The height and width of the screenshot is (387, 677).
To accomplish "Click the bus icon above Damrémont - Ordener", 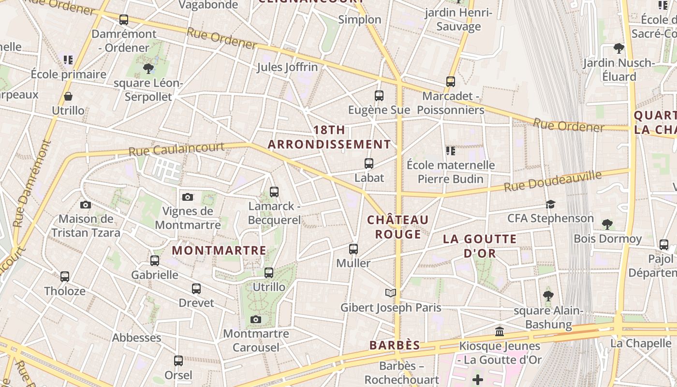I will pyautogui.click(x=124, y=20).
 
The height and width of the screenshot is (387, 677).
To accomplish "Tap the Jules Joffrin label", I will pyautogui.click(x=287, y=67).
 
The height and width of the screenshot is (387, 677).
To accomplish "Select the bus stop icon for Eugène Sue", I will pyautogui.click(x=379, y=96).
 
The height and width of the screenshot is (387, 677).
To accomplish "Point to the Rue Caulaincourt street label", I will pyautogui.click(x=177, y=149).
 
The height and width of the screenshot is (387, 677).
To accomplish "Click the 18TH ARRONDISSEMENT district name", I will pyautogui.click(x=329, y=137).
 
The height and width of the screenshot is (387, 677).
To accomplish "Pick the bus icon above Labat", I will pyautogui.click(x=369, y=164).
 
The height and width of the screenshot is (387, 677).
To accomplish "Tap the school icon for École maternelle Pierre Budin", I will pyautogui.click(x=451, y=151).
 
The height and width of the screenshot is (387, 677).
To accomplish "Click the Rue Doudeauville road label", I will pyautogui.click(x=553, y=181).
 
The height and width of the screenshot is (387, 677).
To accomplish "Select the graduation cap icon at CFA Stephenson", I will pyautogui.click(x=550, y=204).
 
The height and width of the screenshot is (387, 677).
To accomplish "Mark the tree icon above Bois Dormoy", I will pyautogui.click(x=607, y=224).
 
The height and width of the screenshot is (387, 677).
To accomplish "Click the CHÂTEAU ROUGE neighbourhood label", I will pyautogui.click(x=398, y=227).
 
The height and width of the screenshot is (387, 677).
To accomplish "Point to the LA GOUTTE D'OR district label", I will pyautogui.click(x=480, y=246).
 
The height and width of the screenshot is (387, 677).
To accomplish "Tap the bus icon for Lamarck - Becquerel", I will pyautogui.click(x=274, y=192).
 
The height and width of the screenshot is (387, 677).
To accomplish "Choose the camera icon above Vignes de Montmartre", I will pyautogui.click(x=188, y=197).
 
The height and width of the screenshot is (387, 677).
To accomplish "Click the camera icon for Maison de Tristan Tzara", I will pyautogui.click(x=86, y=205).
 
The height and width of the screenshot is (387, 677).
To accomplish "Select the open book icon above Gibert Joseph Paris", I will pyautogui.click(x=391, y=293).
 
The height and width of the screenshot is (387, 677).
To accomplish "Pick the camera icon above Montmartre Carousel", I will pyautogui.click(x=256, y=319).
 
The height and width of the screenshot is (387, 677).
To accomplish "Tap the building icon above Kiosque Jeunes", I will pyautogui.click(x=500, y=332).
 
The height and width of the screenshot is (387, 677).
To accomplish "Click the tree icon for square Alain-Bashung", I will pyautogui.click(x=548, y=296).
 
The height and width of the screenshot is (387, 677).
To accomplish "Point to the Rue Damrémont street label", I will pyautogui.click(x=32, y=184).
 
